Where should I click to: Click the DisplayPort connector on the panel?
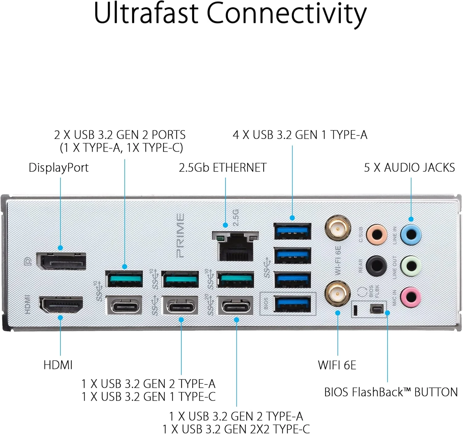(61, 261)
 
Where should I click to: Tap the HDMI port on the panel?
(61, 305)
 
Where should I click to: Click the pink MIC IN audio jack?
(411, 297)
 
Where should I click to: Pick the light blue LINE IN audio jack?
(411, 234)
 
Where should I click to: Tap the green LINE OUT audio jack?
(411, 266)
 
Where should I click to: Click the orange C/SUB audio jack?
(377, 234)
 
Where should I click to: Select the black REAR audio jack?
(376, 266)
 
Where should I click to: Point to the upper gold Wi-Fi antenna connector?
(338, 228)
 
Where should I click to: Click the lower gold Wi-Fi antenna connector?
(338, 293)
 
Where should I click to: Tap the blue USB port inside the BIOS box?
(292, 304)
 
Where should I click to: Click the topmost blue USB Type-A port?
(292, 231)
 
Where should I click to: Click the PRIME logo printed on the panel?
(180, 236)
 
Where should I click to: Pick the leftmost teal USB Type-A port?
(124, 279)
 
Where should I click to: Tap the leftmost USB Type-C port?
(124, 305)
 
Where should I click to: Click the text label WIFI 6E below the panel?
(337, 365)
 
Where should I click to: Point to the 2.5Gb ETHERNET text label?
(223, 168)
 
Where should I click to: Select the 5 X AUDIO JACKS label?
(409, 168)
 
